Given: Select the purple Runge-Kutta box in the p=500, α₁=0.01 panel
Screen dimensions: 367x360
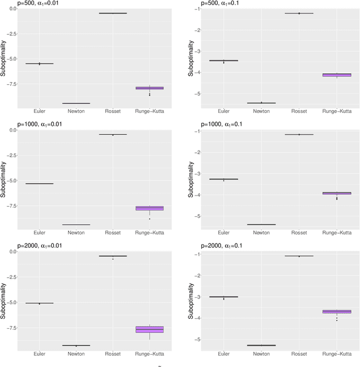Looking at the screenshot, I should [150, 88].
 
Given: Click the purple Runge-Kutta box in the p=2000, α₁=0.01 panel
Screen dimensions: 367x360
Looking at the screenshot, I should [150, 329].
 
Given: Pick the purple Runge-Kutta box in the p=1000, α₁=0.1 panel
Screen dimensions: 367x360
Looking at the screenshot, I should [336, 193].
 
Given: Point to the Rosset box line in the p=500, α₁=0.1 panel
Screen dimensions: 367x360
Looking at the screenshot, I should [299, 13].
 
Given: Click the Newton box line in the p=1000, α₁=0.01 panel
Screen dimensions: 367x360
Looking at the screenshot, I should [76, 225].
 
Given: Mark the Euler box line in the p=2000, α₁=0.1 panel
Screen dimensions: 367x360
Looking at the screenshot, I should [224, 297].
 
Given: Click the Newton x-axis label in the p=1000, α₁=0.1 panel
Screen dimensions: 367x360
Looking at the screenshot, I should [261, 233].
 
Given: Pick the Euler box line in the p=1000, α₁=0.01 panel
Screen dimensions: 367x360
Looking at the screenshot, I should [39, 184].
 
